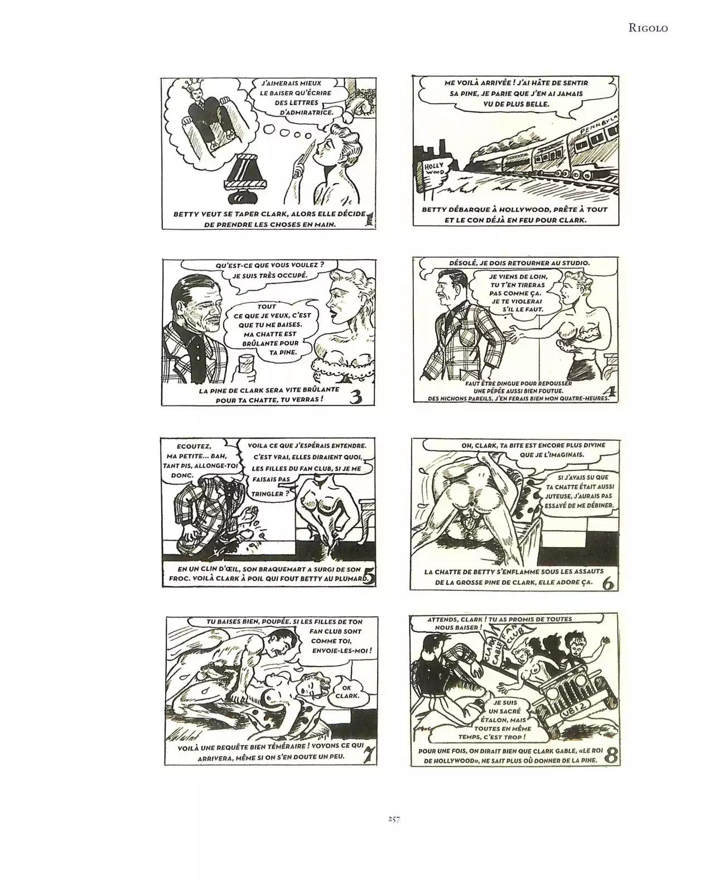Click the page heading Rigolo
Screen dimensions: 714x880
click(648, 28)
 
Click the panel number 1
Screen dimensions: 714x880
click(370, 219)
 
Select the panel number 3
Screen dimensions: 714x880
click(356, 397)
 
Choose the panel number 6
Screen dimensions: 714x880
click(609, 583)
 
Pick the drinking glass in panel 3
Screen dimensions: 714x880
click(247, 366)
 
